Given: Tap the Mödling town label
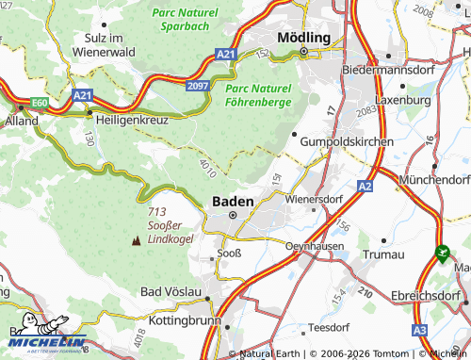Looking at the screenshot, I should (x=303, y=37).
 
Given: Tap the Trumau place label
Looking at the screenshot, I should (x=383, y=254).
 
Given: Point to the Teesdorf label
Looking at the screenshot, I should (x=328, y=328).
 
